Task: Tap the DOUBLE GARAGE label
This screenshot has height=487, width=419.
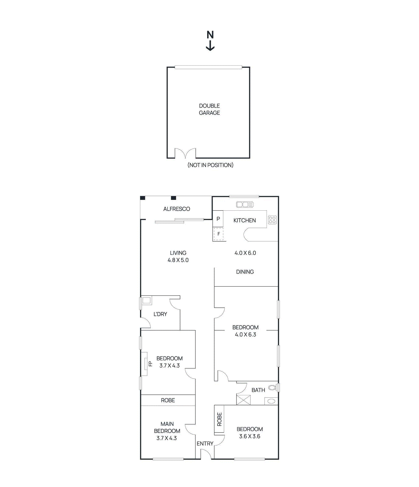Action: pos(209,109)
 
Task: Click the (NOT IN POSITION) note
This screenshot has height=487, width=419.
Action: pos(210,165)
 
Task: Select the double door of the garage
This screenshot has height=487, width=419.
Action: pos(185,153)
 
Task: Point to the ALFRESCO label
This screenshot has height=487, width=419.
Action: pos(176,209)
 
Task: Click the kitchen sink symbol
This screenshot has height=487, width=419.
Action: pos(245,205)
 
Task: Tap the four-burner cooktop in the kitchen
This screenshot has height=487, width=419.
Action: pos(272,220)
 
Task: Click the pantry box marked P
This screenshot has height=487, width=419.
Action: pos(218,219)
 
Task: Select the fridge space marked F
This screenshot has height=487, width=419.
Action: pos(218,234)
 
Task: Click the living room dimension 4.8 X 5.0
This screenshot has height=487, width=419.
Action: pos(178,260)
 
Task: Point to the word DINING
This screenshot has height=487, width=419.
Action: pos(245,272)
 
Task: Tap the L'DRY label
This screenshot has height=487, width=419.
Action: pos(160,314)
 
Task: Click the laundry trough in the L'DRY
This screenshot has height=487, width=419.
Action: pos(146,301)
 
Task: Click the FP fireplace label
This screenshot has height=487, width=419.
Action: pos(150,364)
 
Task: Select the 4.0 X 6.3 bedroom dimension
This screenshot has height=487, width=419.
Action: pos(245,335)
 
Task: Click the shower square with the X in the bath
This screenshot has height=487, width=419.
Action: pos(243,400)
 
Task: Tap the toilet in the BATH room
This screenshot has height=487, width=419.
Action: pos(272,388)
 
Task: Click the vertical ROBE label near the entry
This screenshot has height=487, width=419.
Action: pos(219,419)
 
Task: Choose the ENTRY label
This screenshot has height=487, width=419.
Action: pos(205,443)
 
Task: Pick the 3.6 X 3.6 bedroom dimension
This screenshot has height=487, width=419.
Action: pos(250,436)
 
